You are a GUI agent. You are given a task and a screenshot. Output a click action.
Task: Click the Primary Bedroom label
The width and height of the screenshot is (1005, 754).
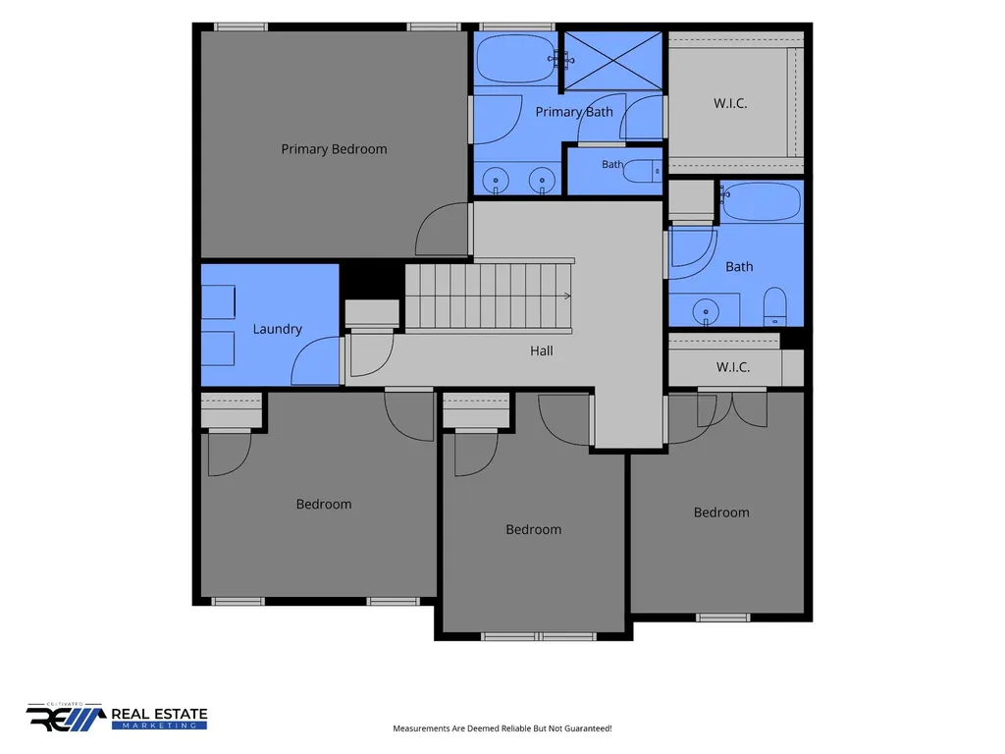coord(334,149)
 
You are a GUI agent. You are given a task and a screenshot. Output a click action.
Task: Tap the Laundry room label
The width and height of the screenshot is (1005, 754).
coord(277,329)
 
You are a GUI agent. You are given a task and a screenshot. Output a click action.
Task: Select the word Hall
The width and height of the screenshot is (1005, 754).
coord(542,350)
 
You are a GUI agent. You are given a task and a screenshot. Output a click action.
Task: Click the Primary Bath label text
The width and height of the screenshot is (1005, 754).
coord(574,112)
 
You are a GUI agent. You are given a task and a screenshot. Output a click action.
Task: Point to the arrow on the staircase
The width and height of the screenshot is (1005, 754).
coord(567,296)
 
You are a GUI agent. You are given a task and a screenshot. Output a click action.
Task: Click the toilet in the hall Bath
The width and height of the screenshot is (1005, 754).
coord(775,306)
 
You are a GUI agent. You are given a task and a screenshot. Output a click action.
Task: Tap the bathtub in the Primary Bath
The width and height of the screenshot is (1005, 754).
coord(517,59)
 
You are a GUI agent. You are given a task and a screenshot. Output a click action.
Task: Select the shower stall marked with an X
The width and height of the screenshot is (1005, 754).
coord(612,60)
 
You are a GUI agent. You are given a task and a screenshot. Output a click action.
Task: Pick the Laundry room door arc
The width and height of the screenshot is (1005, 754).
coord(315,360)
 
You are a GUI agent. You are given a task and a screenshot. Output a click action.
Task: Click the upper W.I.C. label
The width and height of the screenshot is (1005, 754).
coord(730,103)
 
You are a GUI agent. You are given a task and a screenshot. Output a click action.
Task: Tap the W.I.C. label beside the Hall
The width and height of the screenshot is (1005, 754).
coord(733,367)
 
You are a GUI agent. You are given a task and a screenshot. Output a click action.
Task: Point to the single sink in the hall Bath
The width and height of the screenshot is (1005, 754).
coord(706,311)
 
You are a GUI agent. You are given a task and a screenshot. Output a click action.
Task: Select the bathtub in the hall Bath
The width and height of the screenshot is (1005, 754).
coord(762,202)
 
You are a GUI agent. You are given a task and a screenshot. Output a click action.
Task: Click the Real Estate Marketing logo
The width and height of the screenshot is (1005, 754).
coord(117,717)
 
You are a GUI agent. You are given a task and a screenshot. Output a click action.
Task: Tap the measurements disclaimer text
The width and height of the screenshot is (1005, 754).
coord(502,728)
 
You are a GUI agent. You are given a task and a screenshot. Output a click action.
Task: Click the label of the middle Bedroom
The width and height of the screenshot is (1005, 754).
coord(533,529)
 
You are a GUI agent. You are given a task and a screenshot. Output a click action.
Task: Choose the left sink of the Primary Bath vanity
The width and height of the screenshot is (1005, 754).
coord(496,181)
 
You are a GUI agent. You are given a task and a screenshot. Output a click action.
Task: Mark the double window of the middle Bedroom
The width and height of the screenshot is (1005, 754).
coord(539,636)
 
